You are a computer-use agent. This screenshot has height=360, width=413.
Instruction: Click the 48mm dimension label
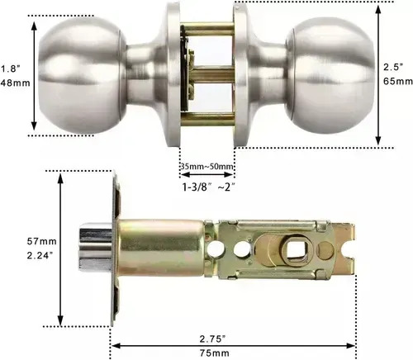tap(15, 83)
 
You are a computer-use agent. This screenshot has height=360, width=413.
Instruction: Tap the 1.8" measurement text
tap(11, 69)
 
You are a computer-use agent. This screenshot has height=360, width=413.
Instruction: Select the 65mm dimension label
tap(398, 82)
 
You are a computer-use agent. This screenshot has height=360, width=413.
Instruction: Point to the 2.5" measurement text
tap(393, 67)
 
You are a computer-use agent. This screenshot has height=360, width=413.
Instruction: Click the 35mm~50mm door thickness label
tap(207, 167)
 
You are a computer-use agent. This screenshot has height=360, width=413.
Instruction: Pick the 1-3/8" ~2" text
tap(209, 187)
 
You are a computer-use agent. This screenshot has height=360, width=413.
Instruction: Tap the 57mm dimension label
tap(41, 241)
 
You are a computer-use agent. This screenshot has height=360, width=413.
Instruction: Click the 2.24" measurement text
tap(40, 256)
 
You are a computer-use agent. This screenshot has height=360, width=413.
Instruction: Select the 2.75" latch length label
tap(213, 339)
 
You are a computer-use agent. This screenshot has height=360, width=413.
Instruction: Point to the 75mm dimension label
tap(215, 353)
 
